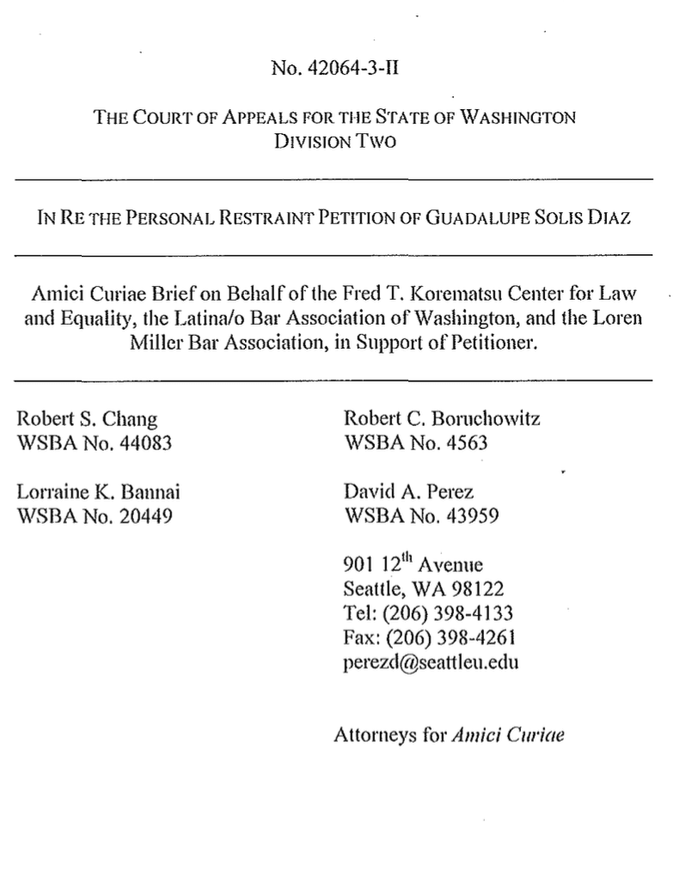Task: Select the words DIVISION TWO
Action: [x=335, y=141]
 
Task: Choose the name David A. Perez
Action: [x=408, y=493]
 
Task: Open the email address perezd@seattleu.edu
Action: [x=431, y=662]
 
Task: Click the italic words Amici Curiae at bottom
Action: [x=508, y=735]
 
